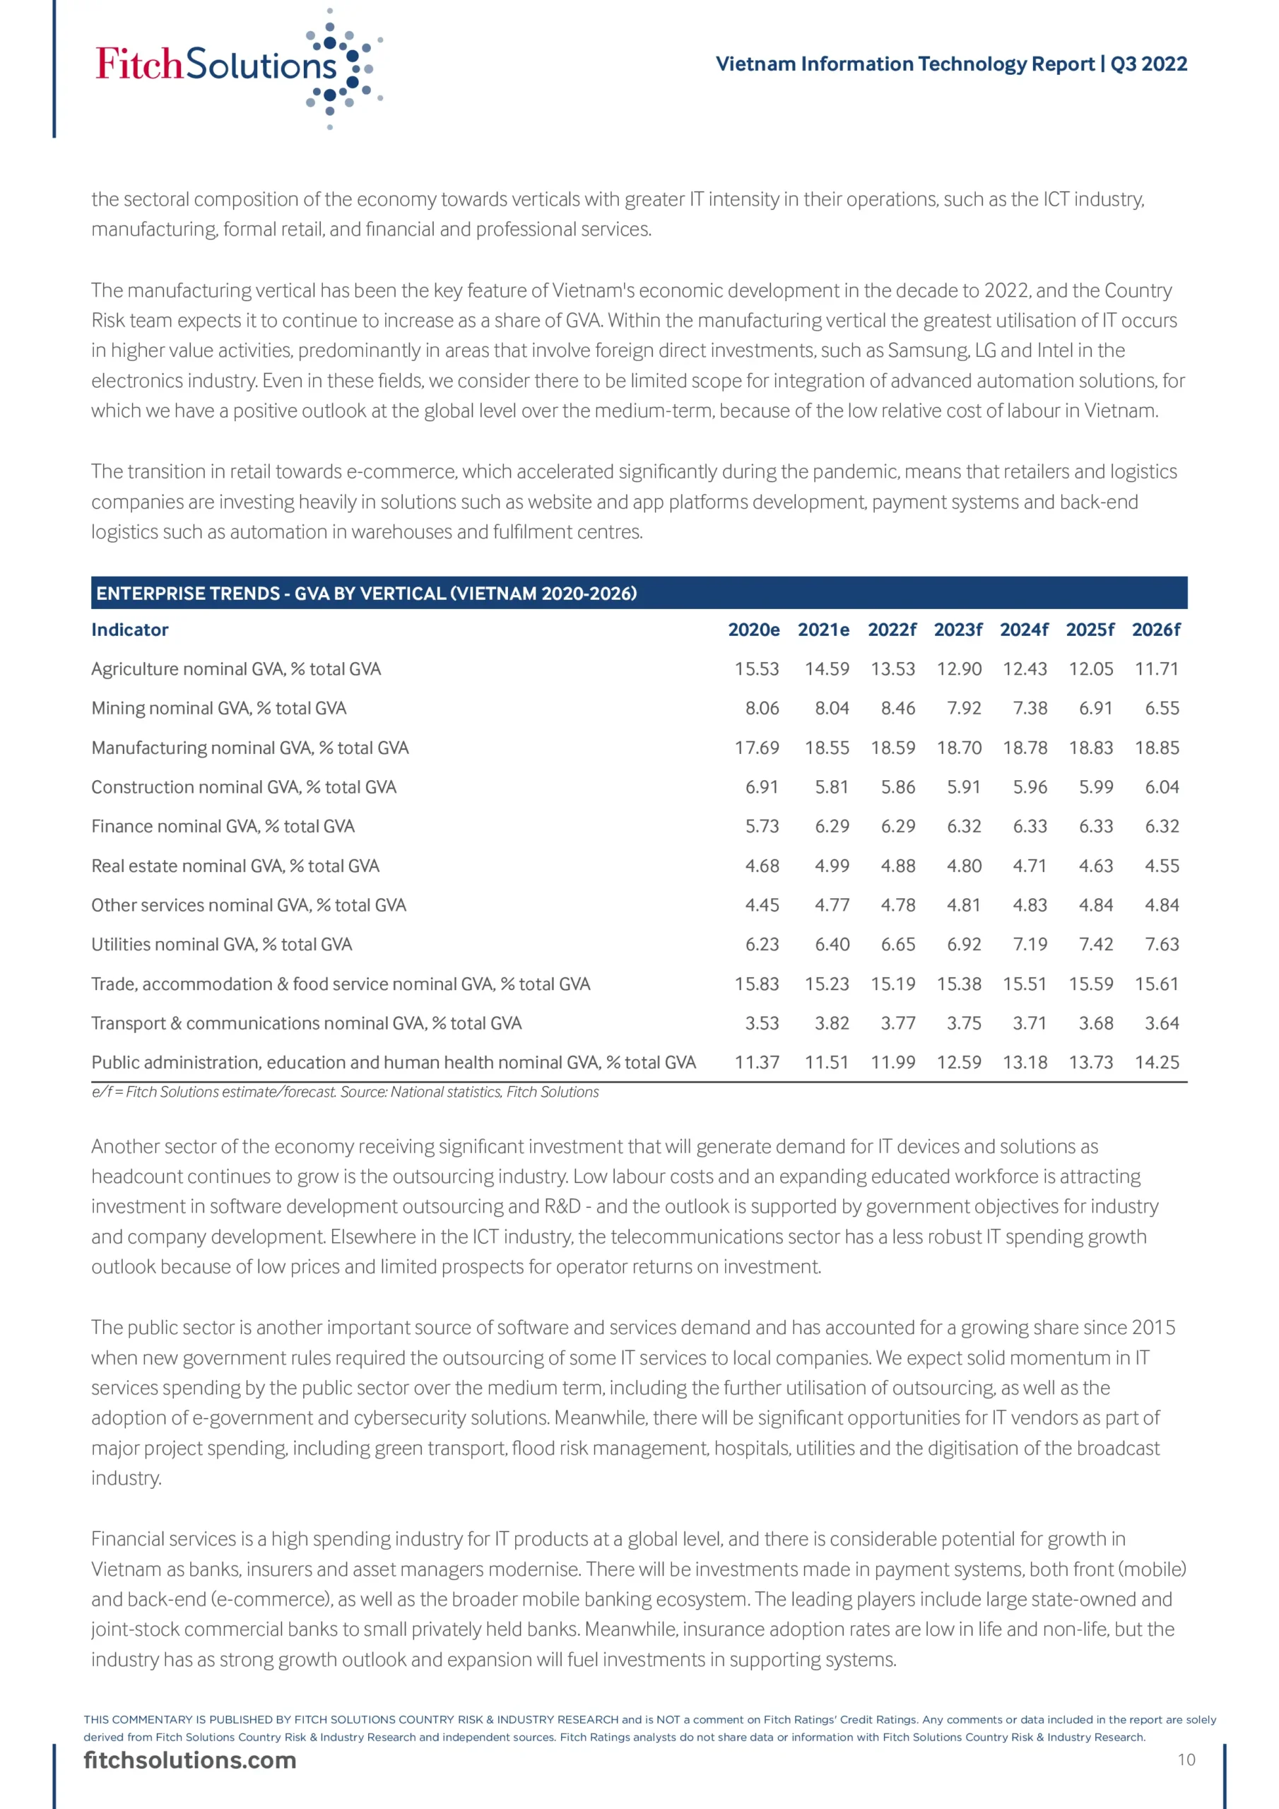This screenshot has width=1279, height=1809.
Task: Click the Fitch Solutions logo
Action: tap(237, 66)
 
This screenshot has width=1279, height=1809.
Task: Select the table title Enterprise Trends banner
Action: tap(367, 594)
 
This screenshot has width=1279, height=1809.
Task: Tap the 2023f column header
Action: tap(957, 630)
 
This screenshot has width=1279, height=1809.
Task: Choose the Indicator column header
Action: tap(130, 630)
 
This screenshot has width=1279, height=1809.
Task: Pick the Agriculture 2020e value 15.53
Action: tap(757, 669)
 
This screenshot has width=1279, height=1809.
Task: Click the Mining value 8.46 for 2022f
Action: tap(897, 708)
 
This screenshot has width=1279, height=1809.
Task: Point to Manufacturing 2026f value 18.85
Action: tap(1156, 748)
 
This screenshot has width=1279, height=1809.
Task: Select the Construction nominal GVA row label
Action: tap(244, 787)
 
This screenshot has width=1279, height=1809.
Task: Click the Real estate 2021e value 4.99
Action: tap(832, 866)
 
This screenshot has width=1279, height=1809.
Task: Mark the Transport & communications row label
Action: tap(306, 1023)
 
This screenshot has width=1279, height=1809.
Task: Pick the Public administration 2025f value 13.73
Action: tap(1090, 1062)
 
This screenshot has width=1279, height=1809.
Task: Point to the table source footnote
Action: tap(345, 1092)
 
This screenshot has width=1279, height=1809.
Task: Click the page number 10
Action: tap(1186, 1760)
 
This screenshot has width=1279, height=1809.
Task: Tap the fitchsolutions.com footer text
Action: tap(190, 1760)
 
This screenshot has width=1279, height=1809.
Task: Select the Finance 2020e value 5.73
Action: tap(761, 827)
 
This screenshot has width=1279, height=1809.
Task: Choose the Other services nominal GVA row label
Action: tap(248, 905)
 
